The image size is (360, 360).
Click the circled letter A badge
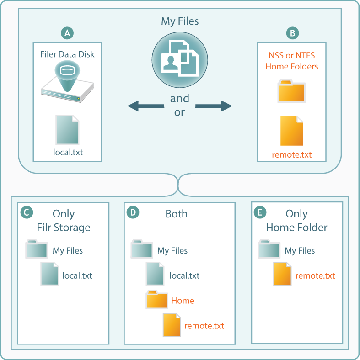click(67, 33)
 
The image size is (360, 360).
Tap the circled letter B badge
click(292, 33)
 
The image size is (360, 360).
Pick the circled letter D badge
click(133, 212)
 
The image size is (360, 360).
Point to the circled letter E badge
click(260, 212)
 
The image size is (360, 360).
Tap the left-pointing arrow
click(145, 106)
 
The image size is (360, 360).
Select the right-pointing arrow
click(214, 106)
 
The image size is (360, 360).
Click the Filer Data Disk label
click(67, 54)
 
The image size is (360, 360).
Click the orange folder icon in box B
click(292, 91)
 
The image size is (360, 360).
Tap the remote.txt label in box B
click(292, 154)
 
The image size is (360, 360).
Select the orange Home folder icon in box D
click(157, 300)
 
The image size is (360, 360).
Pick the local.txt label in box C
click(77, 275)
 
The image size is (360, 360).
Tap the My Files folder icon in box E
click(269, 250)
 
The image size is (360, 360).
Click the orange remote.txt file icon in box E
click(282, 275)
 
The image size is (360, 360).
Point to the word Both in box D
click(177, 214)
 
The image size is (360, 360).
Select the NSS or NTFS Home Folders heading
click(292, 61)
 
